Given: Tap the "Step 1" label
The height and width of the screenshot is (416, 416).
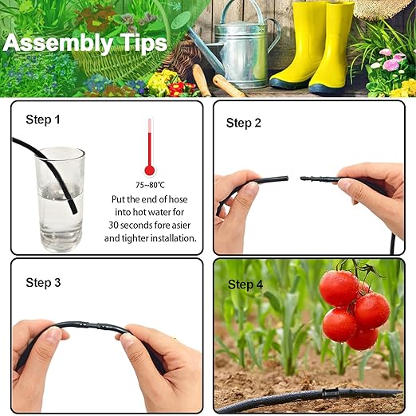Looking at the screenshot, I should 43,120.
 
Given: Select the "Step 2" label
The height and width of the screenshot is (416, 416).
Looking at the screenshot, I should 244,123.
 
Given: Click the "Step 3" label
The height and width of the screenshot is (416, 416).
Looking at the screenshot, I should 43,282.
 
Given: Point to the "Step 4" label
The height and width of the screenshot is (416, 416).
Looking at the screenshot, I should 245,285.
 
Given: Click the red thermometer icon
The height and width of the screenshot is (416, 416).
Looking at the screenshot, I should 149,148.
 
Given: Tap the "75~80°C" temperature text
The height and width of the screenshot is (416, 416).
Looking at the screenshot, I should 149,183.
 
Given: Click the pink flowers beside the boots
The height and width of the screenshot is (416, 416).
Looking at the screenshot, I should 390,61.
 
